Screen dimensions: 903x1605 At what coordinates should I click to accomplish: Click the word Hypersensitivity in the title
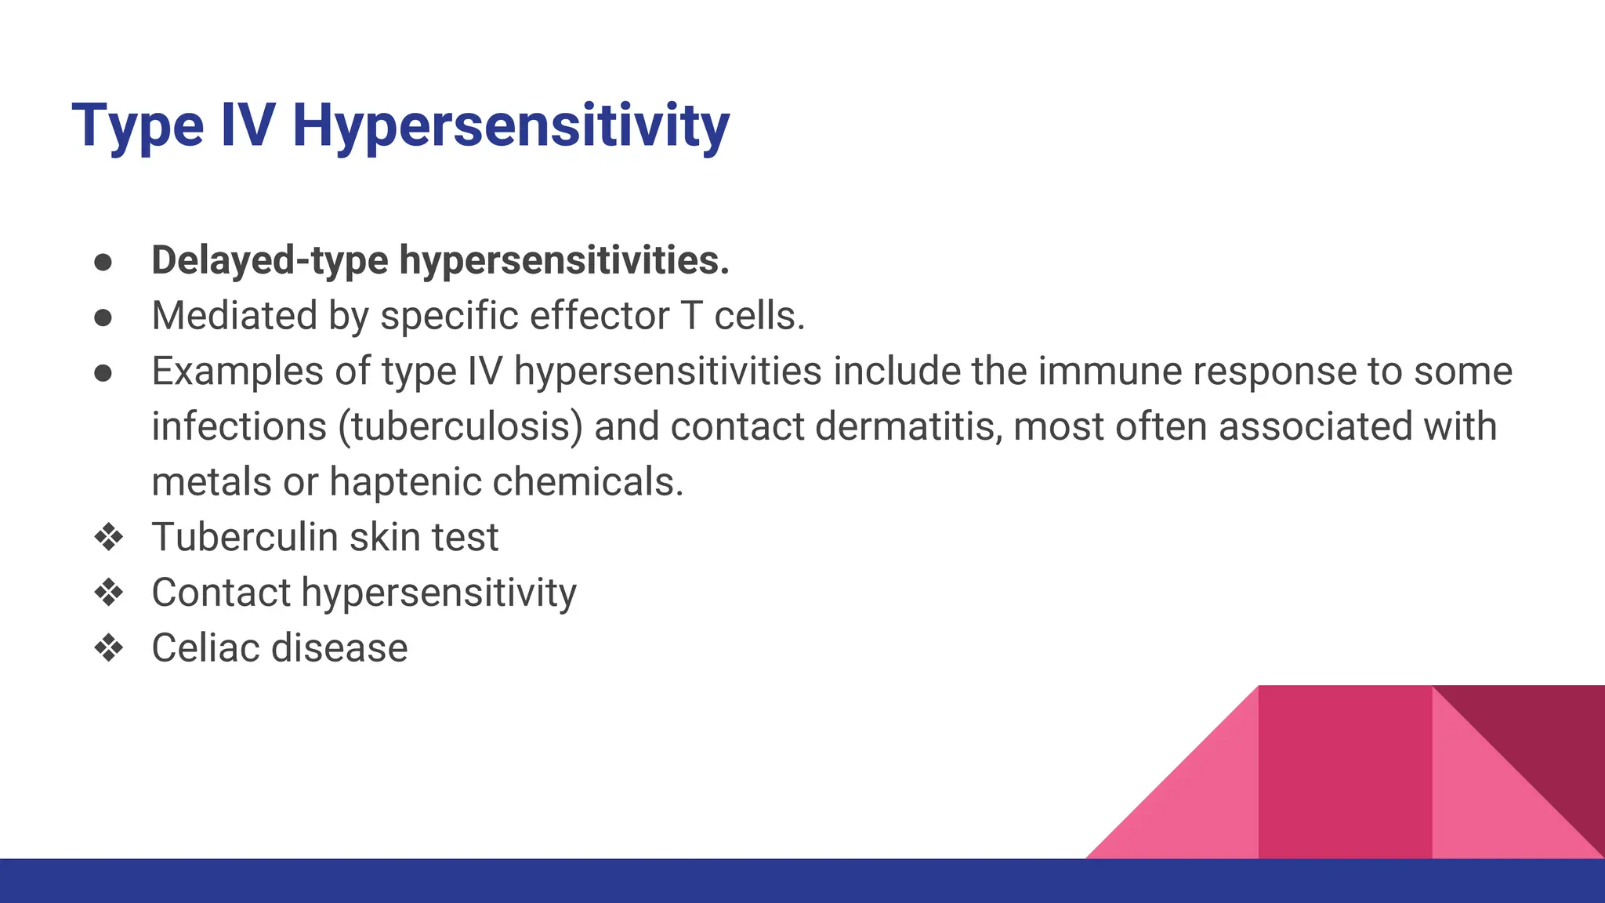510,125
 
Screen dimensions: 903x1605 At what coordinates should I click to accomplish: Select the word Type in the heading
138,125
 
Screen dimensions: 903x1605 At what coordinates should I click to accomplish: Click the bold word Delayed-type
269,260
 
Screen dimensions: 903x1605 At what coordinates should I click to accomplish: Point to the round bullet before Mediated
103,317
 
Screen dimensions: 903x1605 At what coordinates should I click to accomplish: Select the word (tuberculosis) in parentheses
461,426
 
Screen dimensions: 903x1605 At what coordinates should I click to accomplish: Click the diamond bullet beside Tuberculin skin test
108,538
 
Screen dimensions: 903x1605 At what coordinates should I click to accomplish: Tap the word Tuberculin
245,538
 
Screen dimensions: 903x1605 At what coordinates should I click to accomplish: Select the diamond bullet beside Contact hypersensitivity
108,593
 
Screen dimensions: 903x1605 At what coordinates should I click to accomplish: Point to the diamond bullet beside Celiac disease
108,648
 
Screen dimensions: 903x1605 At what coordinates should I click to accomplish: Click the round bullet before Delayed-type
103,262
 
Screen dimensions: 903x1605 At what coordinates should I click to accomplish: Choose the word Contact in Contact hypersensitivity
221,593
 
